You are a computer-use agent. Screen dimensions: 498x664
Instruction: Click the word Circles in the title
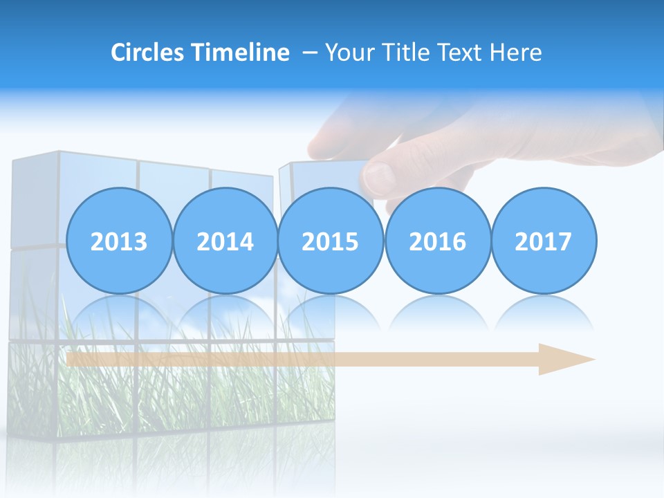tap(148, 53)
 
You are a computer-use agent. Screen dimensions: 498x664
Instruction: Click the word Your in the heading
tap(349, 53)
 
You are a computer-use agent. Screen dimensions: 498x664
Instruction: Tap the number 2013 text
tap(119, 241)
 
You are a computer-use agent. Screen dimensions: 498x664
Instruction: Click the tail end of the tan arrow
tap(72, 359)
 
